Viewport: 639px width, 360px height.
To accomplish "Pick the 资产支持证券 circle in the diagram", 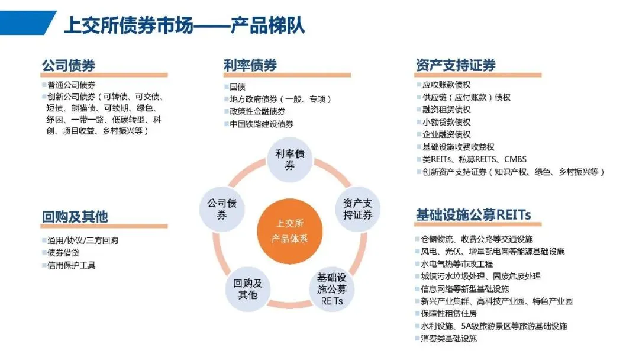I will pos(358,209).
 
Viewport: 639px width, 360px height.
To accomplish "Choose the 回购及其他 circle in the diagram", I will pos(248,288).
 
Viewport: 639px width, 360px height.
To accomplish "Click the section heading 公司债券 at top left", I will pos(69,65).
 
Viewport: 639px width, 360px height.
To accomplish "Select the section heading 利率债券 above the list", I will pos(250,65).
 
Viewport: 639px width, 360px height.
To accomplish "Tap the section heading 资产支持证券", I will pos(456,65).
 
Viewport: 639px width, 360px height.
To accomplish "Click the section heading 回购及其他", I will pos(75,217).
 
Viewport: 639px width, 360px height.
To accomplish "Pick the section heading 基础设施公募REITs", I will pos(473,215).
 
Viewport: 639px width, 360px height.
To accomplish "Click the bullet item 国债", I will pos(238,87).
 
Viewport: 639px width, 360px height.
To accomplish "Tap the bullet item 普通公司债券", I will pos(72,85).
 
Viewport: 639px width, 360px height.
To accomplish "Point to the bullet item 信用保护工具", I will pos(72,265).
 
